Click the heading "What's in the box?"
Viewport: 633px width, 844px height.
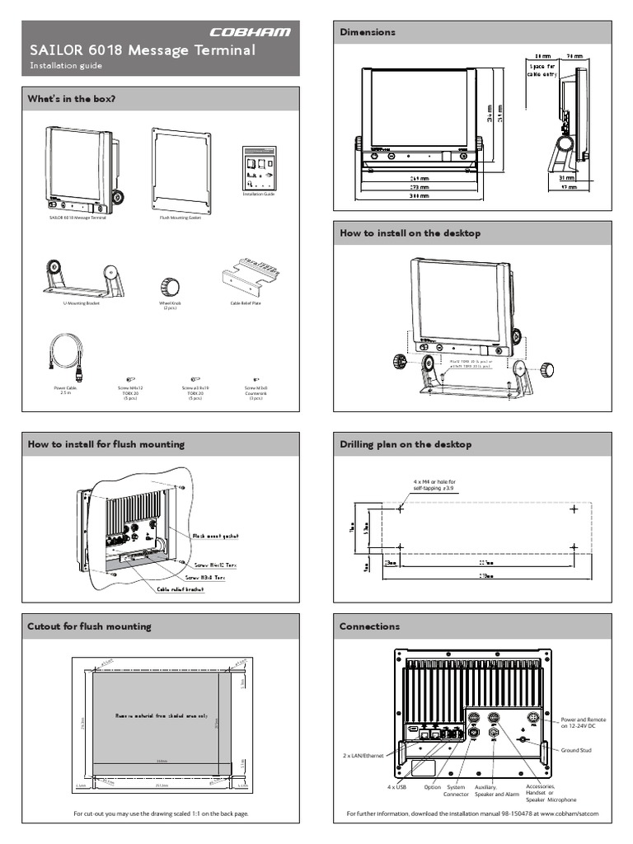[x=71, y=99]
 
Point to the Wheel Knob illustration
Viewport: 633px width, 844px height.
[x=169, y=286]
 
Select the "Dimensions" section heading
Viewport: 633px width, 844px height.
[x=368, y=32]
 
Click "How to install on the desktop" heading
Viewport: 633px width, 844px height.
[x=410, y=233]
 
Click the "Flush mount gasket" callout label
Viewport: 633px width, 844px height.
[x=215, y=536]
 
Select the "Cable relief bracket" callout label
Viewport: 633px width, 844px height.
[x=184, y=590]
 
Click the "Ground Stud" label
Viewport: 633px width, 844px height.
[x=577, y=750]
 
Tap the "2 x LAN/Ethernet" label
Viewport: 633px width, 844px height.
[x=363, y=755]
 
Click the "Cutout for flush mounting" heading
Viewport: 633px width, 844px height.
[x=90, y=626]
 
